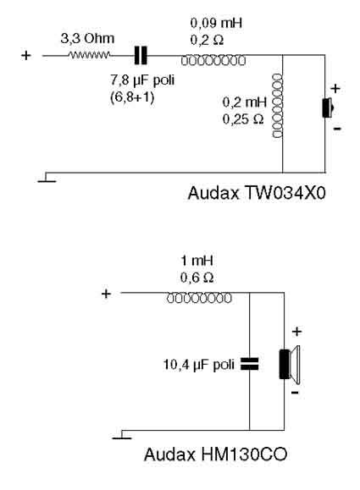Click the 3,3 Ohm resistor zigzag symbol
point(90,55)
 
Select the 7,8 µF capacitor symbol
point(141,56)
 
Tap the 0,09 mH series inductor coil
point(213,60)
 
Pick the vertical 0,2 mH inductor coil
point(278,106)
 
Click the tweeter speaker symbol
point(328,107)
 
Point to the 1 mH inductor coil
point(199,298)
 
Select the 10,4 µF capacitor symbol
point(250,364)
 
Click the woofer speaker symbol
point(290,365)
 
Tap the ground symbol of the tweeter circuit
point(47,178)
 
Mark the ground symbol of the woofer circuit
point(122,435)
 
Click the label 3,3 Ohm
point(87,39)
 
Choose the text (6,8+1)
point(132,97)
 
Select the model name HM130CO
point(243,454)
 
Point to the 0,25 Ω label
point(243,119)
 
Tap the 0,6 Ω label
point(197,278)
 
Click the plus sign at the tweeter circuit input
point(26,56)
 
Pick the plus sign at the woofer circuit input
point(106,294)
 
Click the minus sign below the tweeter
point(337,129)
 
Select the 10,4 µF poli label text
point(198,365)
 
